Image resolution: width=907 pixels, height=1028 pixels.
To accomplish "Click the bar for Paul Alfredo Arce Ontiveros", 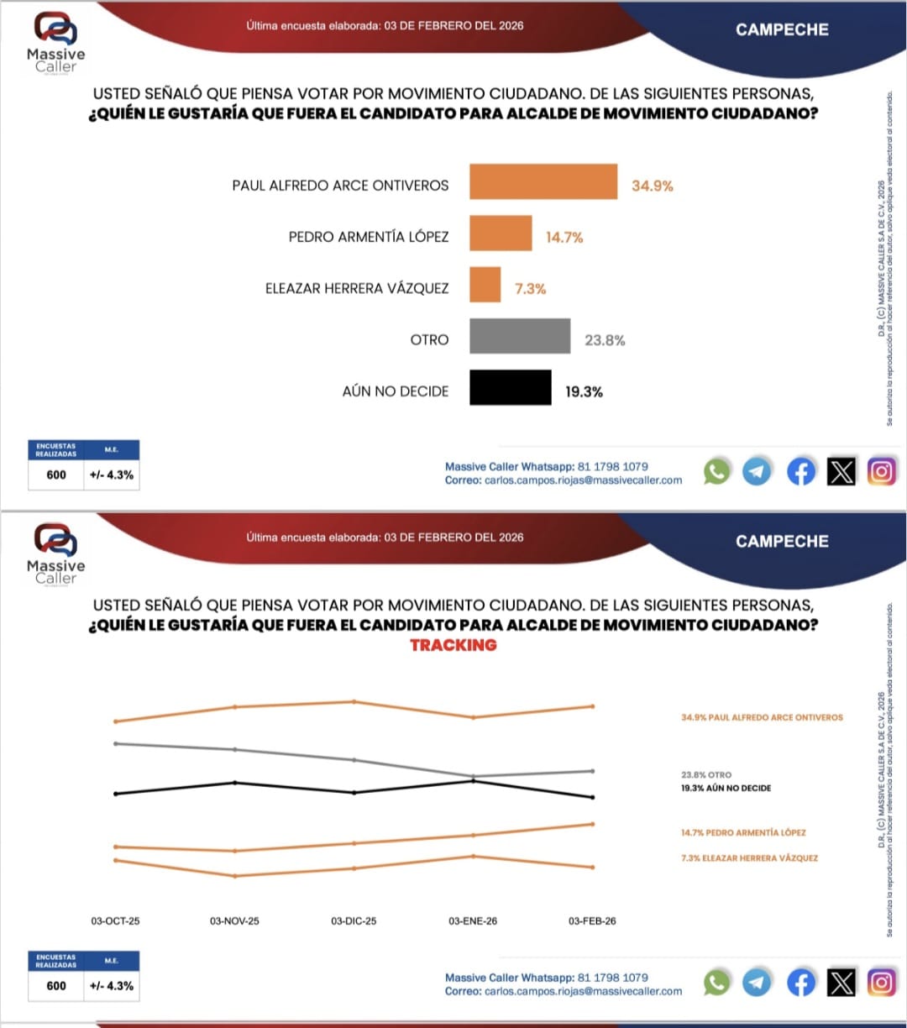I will (543, 181).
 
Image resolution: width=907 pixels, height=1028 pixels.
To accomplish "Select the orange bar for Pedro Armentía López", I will (501, 233).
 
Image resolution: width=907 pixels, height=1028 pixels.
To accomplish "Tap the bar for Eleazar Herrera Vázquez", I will (485, 285).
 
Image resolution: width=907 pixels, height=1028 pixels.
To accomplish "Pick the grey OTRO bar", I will (520, 336).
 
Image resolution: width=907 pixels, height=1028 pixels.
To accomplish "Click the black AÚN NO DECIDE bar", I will (511, 387).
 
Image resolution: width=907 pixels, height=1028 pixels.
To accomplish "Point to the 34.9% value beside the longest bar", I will (653, 186).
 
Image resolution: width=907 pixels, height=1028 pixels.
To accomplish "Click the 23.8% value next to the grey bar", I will (605, 340).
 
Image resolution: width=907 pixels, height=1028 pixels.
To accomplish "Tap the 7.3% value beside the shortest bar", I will (530, 289).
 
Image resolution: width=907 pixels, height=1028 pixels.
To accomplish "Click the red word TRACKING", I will (453, 645).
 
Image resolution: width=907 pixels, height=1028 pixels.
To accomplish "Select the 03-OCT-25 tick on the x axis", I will (115, 921).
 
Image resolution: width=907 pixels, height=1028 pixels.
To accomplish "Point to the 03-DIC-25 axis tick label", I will (354, 921).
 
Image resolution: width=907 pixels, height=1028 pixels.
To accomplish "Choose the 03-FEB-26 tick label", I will (592, 921).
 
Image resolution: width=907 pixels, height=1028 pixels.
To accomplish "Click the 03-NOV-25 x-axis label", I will (234, 921).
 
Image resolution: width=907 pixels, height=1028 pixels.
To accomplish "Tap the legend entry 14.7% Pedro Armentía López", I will (743, 833).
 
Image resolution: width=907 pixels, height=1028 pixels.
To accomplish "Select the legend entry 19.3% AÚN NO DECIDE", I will (726, 789).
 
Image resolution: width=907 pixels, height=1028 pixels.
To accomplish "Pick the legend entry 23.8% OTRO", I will (706, 775).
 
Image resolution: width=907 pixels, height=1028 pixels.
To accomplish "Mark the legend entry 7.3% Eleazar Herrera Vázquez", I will (749, 858).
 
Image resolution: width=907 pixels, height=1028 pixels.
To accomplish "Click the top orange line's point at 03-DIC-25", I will (354, 701).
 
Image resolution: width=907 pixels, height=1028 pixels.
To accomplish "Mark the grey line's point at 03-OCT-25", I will (115, 743).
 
